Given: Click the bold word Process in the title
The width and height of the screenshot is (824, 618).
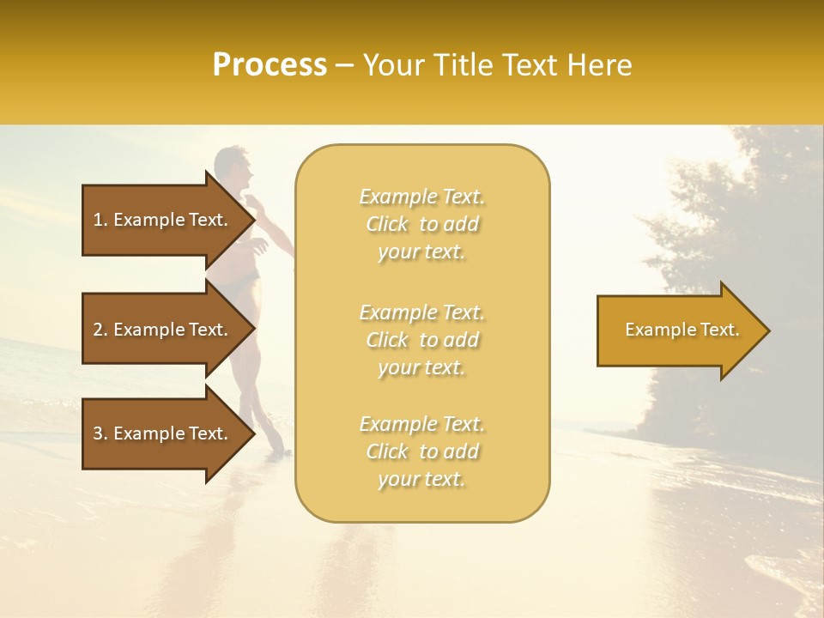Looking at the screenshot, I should (270, 65).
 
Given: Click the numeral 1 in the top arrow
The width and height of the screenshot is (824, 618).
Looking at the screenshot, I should (97, 220).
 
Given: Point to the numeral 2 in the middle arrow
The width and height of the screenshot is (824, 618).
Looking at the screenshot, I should (98, 330).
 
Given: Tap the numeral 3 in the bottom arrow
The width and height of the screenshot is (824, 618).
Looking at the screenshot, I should (98, 433).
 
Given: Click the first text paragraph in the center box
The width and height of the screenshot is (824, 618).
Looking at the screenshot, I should (421, 224).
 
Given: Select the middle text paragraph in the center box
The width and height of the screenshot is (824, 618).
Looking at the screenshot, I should (421, 340).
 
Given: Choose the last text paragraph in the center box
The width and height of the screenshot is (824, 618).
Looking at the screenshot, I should (421, 451).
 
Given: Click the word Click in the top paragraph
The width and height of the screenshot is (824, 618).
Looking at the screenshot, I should (387, 224).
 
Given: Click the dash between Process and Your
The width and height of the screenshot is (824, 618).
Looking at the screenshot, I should (345, 66).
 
